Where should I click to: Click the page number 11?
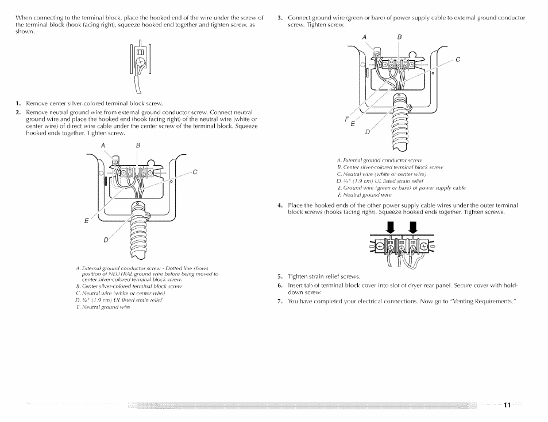(507, 405)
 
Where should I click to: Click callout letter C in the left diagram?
(195, 171)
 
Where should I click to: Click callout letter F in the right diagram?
(346, 119)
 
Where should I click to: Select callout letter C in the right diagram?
(458, 60)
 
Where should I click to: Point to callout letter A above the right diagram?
(364, 37)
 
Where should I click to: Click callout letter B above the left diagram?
(138, 146)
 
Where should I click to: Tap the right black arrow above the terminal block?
(412, 229)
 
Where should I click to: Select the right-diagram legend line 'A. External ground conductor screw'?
(379, 161)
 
